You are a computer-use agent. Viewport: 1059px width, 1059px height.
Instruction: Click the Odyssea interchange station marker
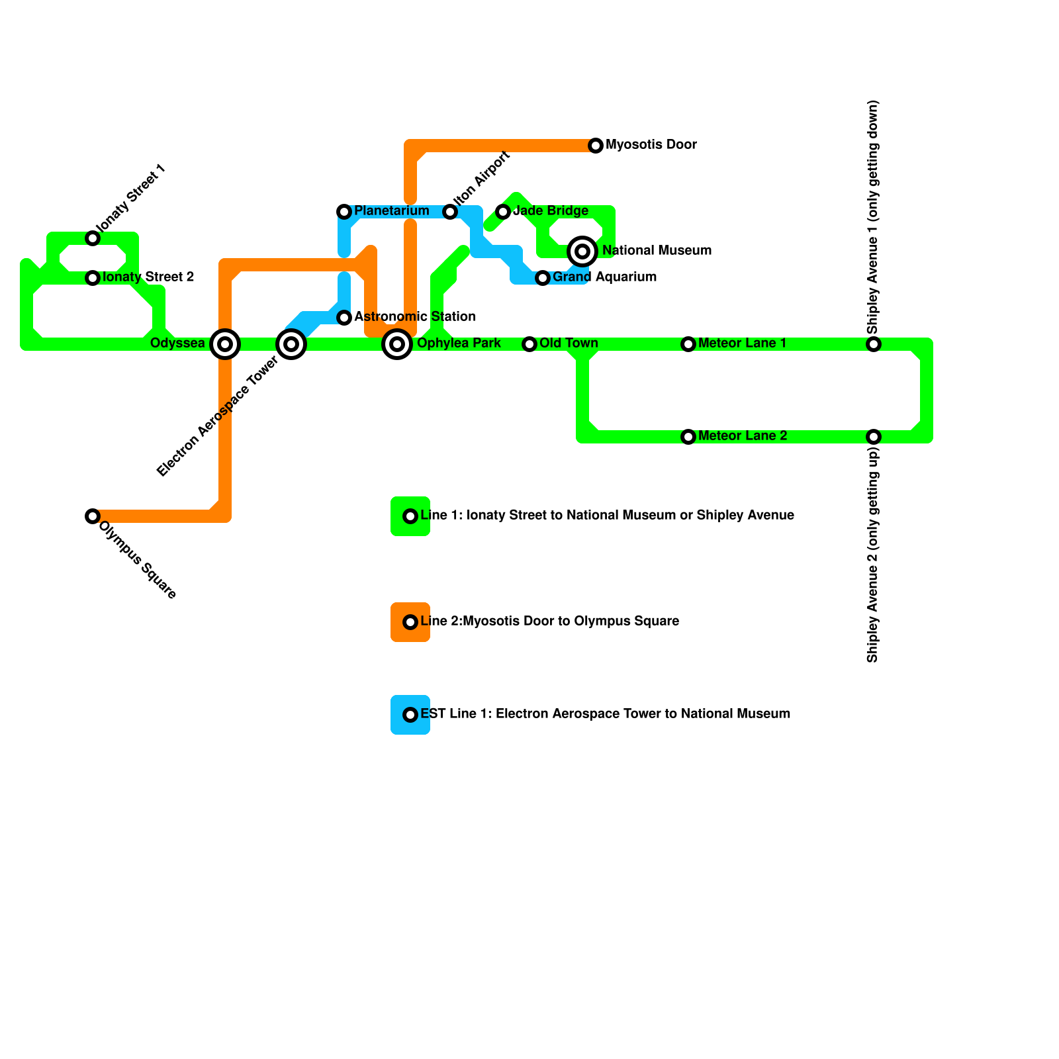click(225, 344)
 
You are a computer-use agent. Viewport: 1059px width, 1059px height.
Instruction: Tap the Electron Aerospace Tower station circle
click(291, 344)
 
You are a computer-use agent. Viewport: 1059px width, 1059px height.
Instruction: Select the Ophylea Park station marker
click(397, 344)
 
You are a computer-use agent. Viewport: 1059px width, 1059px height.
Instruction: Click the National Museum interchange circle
click(582, 252)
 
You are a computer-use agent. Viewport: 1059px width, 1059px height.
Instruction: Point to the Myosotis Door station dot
click(596, 146)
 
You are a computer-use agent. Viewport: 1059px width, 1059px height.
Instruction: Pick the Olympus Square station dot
click(93, 516)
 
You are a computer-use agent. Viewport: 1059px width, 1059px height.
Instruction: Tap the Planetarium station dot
click(344, 212)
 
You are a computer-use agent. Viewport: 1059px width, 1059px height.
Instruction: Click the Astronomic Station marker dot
click(344, 318)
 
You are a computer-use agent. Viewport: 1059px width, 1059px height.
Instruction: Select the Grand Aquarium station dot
click(543, 278)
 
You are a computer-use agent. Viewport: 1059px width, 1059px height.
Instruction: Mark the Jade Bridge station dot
click(503, 212)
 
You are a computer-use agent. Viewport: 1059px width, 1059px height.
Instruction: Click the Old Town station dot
click(529, 344)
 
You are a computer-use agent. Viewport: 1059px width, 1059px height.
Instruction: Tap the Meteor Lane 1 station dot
click(688, 344)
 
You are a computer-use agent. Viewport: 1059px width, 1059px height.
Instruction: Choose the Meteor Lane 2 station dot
click(688, 437)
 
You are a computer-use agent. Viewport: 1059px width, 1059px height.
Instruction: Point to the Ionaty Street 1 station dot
click(93, 238)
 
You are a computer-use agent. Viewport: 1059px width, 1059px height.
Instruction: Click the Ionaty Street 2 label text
click(148, 277)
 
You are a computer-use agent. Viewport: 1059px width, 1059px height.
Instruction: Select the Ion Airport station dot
click(450, 212)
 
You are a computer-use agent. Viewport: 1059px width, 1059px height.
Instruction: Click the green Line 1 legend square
click(410, 516)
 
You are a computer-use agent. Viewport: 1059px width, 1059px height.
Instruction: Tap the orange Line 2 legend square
click(410, 622)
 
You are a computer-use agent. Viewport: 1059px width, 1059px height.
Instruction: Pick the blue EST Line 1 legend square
click(410, 715)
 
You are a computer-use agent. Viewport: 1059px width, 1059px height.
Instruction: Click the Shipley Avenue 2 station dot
click(874, 437)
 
